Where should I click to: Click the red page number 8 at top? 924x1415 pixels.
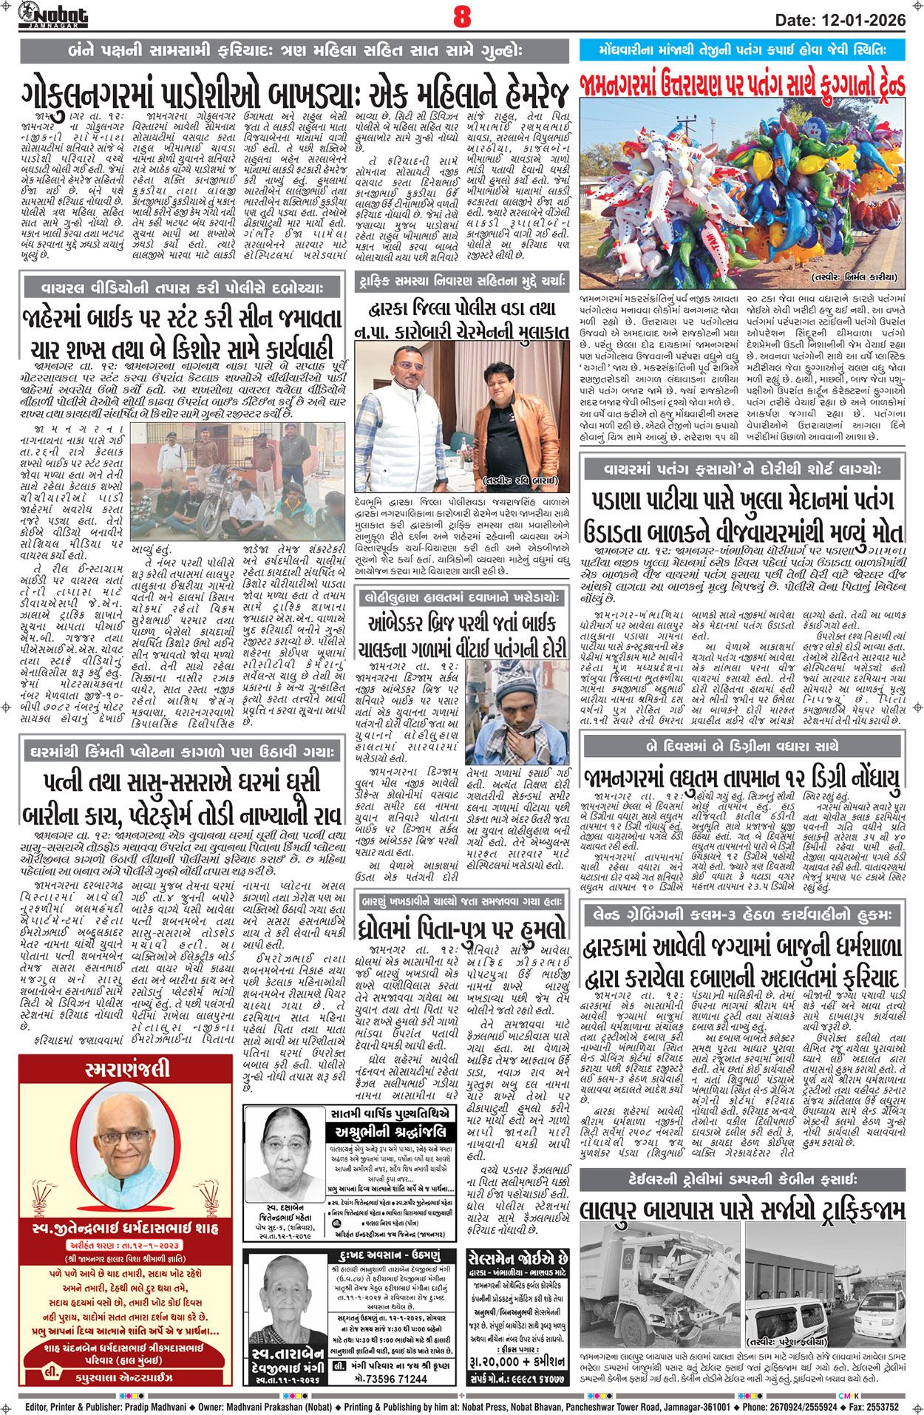tap(462, 16)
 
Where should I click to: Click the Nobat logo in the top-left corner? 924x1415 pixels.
tap(53, 15)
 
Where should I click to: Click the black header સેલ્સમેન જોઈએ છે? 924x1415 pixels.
tap(517, 1259)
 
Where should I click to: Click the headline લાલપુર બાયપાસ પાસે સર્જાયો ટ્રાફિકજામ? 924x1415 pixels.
tap(742, 1210)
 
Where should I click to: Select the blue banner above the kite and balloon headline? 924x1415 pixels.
tap(742, 50)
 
